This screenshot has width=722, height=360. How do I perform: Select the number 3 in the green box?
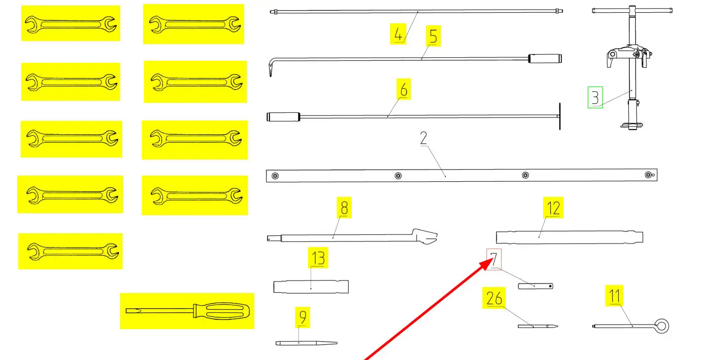pyautogui.click(x=595, y=97)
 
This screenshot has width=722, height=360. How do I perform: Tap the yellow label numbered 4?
pyautogui.click(x=398, y=35)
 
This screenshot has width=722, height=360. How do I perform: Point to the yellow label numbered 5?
pyautogui.click(x=433, y=36)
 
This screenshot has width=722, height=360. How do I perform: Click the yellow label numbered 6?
pyautogui.click(x=403, y=90)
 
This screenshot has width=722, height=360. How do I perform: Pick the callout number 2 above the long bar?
pyautogui.click(x=425, y=139)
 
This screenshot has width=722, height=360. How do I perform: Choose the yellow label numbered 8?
pyautogui.click(x=345, y=208)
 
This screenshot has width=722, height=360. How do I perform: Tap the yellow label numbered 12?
pyautogui.click(x=553, y=208)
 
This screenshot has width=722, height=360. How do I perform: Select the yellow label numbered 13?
pyautogui.click(x=318, y=258)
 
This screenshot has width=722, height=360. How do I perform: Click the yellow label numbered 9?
pyautogui.click(x=302, y=317)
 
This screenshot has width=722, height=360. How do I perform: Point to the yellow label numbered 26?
pyautogui.click(x=494, y=298)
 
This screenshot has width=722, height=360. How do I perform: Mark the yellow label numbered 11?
pyautogui.click(x=615, y=296)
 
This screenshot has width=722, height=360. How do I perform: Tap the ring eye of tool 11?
pyautogui.click(x=661, y=326)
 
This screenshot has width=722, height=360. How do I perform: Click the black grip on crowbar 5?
pyautogui.click(x=545, y=59)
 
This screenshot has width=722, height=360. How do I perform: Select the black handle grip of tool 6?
pyautogui.click(x=283, y=117)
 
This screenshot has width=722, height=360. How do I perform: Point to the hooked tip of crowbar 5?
pyautogui.click(x=269, y=69)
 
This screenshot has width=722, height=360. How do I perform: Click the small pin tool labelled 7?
pyautogui.click(x=536, y=286)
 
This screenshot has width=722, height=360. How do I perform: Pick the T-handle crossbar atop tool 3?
pyautogui.click(x=632, y=10)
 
